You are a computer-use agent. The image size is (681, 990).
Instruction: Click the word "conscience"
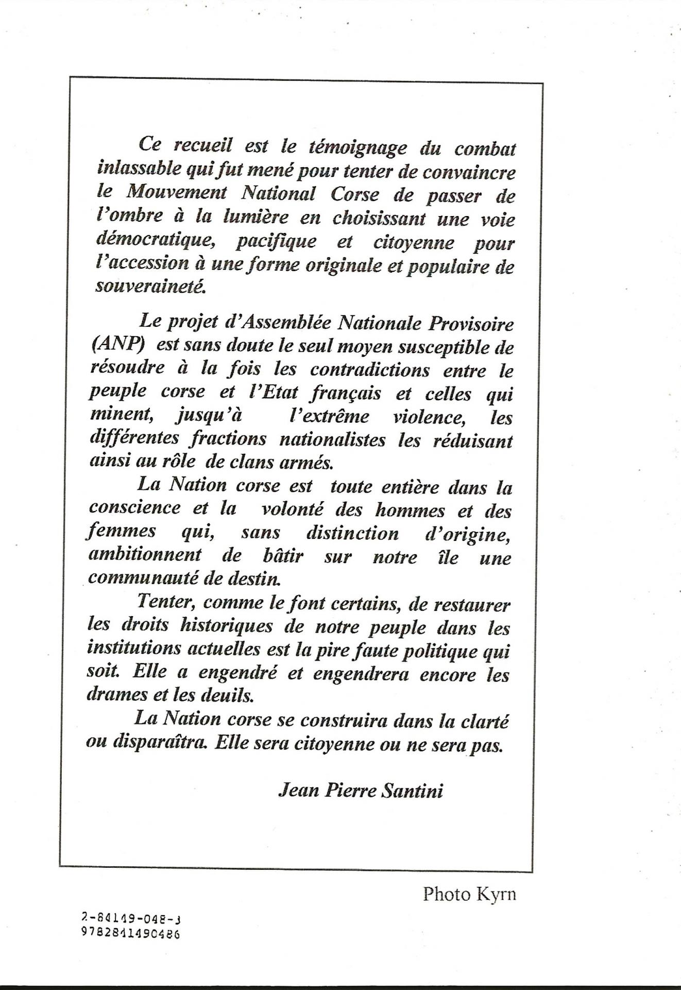[x=134, y=508]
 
